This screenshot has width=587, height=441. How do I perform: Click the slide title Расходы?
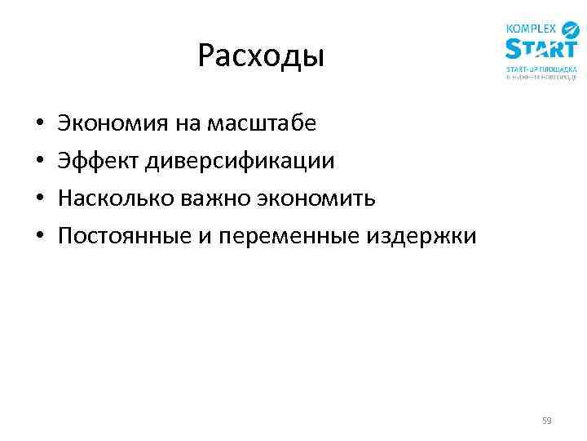coord(261,56)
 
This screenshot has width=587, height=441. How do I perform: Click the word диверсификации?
coord(241,161)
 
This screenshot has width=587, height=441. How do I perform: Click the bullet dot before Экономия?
coord(39,125)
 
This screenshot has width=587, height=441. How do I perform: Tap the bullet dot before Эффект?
coord(39,163)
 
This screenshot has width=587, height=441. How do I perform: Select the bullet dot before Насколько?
coord(39,200)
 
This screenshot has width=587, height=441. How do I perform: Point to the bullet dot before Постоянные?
coord(39,238)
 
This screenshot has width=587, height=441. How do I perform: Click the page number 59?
coord(547,421)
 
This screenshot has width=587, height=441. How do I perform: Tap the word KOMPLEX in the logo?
coord(531,29)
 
